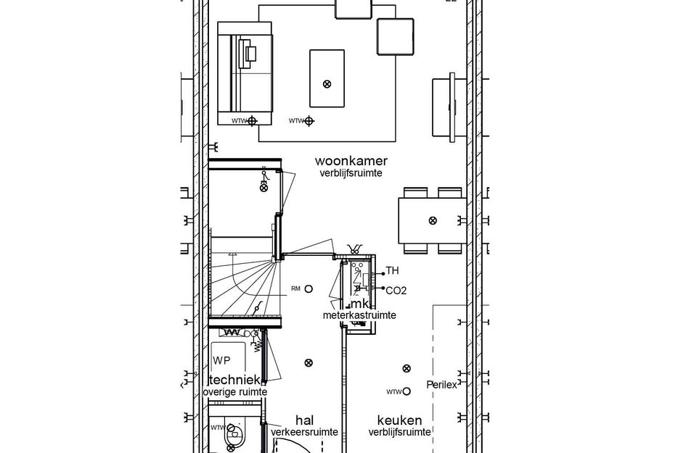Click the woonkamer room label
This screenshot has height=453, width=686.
click(x=351, y=161)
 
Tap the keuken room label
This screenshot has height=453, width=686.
click(x=399, y=420)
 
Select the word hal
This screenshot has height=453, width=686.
click(x=304, y=420)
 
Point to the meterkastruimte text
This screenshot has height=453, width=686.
click(x=359, y=315)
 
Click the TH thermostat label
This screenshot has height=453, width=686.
click(x=392, y=271)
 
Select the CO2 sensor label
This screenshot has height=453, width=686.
click(x=396, y=291)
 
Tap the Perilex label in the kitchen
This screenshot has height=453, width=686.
click(x=441, y=385)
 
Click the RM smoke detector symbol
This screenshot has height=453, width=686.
click(x=309, y=288)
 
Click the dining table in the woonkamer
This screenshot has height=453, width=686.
click(x=432, y=220)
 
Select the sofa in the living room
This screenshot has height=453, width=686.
click(x=245, y=75)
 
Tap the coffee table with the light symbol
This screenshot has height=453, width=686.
click(x=327, y=78)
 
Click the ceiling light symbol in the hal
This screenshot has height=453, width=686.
click(x=309, y=362)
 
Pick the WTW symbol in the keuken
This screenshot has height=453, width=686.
click(x=406, y=391)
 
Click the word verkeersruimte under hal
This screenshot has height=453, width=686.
click(x=304, y=432)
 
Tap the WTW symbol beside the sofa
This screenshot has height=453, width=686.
click(x=252, y=121)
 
